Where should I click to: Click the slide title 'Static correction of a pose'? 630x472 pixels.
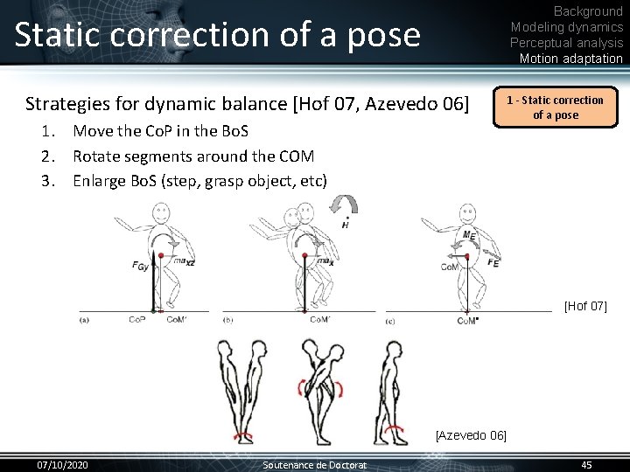pyautogui.click(x=217, y=35)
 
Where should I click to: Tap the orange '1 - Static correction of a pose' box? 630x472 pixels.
pyautogui.click(x=556, y=108)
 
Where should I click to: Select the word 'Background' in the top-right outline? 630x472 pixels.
pyautogui.click(x=588, y=11)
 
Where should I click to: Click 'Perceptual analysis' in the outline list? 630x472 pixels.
pyautogui.click(x=566, y=43)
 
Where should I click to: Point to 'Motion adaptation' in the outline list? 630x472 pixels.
pyautogui.click(x=570, y=59)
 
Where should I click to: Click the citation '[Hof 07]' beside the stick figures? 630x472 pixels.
pyautogui.click(x=585, y=306)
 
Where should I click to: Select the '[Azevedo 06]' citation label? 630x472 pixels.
pyautogui.click(x=471, y=434)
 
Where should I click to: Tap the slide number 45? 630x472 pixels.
pyautogui.click(x=586, y=464)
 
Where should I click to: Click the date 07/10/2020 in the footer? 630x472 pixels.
pyautogui.click(x=61, y=464)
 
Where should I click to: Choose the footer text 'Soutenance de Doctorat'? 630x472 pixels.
pyautogui.click(x=315, y=464)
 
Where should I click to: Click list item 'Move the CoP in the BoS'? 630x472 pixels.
pyautogui.click(x=160, y=131)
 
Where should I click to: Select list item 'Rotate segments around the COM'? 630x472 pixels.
pyautogui.click(x=192, y=156)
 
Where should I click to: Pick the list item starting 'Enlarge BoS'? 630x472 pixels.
pyautogui.click(x=199, y=181)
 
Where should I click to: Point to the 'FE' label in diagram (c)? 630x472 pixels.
pyautogui.click(x=494, y=262)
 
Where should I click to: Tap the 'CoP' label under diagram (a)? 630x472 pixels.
pyautogui.click(x=137, y=320)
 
